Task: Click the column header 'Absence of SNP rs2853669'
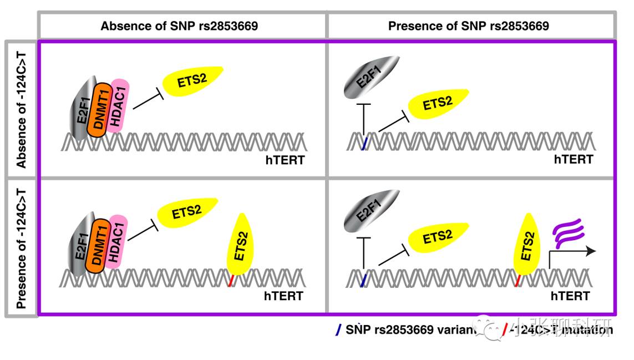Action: pos(179,26)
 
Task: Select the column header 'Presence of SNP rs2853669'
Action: pos(469,26)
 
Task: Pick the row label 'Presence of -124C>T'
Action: pos(22,247)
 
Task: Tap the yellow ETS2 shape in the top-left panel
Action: pos(192,79)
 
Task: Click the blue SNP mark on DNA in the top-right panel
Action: pos(364,144)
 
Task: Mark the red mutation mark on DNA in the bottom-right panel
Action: pos(518,280)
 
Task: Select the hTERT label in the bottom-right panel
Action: pos(570,296)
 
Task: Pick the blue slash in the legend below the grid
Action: pos(338,329)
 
